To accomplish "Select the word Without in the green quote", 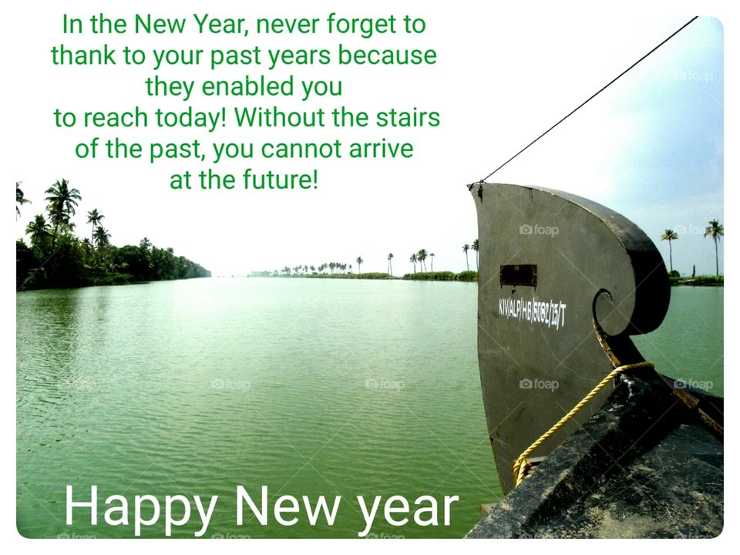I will (x=274, y=118).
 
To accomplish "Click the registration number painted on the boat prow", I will (x=532, y=311).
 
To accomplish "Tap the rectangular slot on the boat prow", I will (x=518, y=275).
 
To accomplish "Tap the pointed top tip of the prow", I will (x=472, y=186).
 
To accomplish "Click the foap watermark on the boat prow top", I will (x=539, y=230).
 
